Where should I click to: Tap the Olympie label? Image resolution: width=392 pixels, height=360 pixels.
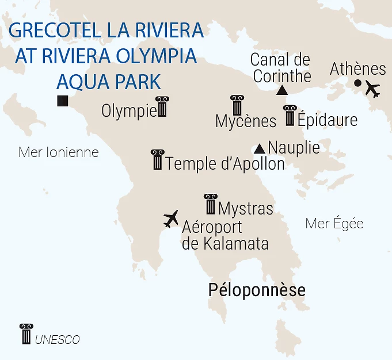pos(129,110)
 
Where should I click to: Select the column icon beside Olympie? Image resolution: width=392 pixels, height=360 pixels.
pos(162,107)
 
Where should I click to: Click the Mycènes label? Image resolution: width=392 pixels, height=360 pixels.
pos(246,121)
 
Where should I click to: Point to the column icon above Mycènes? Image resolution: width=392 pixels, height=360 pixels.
pos(237,105)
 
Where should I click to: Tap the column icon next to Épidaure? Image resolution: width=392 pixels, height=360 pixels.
pos(290,116)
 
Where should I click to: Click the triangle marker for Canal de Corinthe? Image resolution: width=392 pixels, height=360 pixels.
pos(282,90)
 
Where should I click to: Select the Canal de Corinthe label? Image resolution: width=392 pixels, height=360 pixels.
pos(281,67)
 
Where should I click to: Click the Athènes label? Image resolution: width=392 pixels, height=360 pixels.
pos(357,69)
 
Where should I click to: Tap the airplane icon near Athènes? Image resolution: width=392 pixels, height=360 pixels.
pos(373,90)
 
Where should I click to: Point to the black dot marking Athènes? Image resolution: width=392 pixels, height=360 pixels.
pos(357,83)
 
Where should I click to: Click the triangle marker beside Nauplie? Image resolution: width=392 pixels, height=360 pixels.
pos(260,148)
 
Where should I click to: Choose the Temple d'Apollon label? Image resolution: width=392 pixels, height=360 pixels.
pos(225,164)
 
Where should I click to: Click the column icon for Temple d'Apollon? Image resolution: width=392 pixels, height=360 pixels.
pos(157,160)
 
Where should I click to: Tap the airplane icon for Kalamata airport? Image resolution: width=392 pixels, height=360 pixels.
pos(171,219)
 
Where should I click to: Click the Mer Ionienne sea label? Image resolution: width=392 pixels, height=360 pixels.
pos(59,152)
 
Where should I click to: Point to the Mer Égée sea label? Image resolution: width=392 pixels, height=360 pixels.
pos(334,223)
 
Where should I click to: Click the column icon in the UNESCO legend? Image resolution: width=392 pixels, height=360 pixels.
pos(26,334)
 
